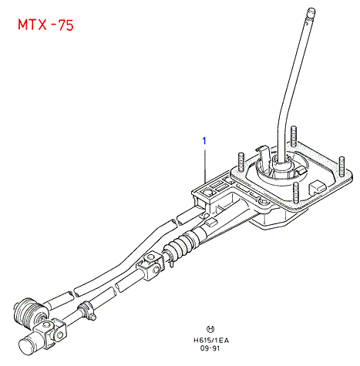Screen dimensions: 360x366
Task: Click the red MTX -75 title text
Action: [x=45, y=25]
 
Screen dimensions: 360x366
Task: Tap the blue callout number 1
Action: [x=204, y=141]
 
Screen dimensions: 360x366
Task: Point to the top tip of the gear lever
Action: [x=311, y=11]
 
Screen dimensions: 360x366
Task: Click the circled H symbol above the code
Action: [x=210, y=329]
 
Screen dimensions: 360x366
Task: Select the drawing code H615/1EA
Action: [x=211, y=341]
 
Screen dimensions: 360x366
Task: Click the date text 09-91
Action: [x=210, y=348]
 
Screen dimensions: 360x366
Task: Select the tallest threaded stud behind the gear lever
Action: [x=294, y=136]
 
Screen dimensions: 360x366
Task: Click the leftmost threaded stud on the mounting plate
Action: [x=241, y=162]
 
